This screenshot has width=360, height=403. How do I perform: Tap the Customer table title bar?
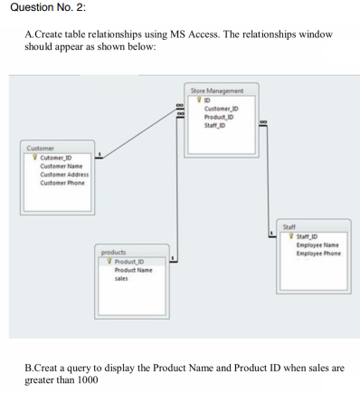pos(40,149)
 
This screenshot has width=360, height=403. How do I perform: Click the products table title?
pos(113,252)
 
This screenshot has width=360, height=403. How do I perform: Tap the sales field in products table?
pos(120,278)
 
